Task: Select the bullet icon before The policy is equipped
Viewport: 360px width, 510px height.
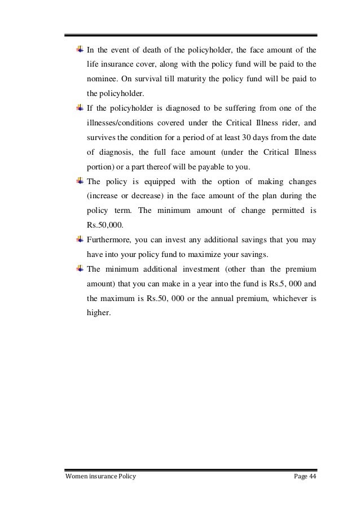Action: pos(80,181)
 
